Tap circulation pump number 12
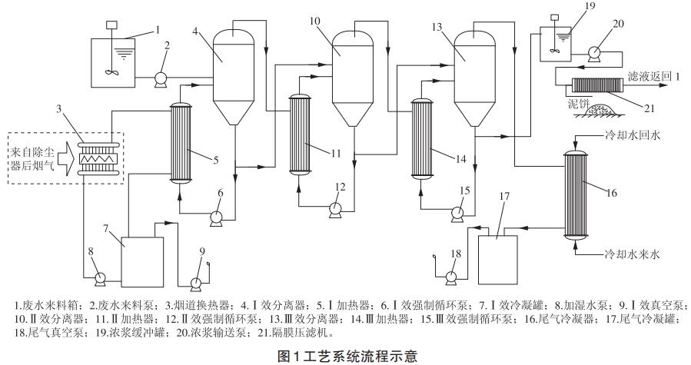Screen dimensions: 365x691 (x=335, y=207)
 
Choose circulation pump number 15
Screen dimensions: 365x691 (x=456, y=212)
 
